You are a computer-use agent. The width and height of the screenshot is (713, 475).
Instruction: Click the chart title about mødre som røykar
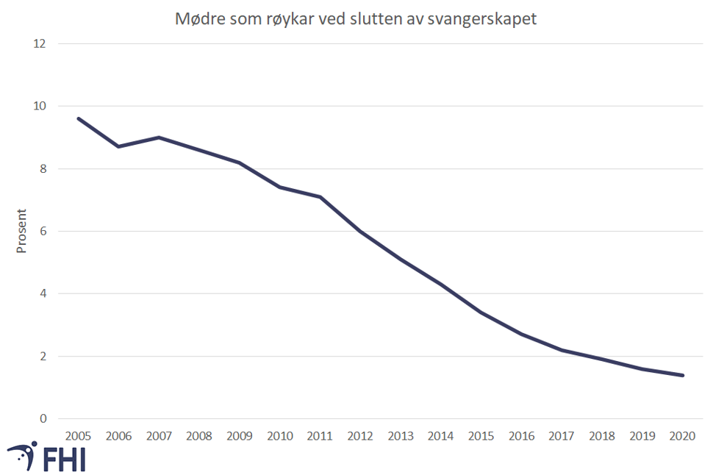(356, 19)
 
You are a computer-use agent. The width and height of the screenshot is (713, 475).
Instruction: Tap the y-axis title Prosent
(21, 232)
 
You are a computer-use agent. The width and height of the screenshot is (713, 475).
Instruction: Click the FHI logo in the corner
(46, 457)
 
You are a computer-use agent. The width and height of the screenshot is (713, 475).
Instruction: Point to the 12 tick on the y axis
(40, 44)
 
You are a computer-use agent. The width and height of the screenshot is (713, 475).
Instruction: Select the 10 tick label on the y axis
(40, 107)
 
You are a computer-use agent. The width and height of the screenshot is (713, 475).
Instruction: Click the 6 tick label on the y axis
(43, 232)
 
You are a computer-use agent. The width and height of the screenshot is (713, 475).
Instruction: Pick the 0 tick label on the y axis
(43, 419)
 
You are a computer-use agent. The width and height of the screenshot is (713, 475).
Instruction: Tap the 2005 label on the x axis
(78, 436)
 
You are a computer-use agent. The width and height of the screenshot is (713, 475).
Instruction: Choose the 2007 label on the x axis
(159, 436)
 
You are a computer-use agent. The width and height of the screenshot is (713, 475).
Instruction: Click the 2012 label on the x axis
(360, 436)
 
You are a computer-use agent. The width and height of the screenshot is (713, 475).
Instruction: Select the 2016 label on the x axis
(521, 436)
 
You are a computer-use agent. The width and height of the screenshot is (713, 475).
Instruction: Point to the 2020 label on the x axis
(683, 436)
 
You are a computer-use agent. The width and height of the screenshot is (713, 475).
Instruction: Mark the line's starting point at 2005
(78, 118)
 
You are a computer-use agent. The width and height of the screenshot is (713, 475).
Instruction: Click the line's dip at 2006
(118, 147)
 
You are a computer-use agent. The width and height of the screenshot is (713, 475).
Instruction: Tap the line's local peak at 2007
(159, 137)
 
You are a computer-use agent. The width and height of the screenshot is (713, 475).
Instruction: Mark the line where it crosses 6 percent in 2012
(360, 232)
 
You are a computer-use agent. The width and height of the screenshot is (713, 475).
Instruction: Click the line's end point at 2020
(683, 375)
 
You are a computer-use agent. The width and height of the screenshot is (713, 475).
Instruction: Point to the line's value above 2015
(481, 312)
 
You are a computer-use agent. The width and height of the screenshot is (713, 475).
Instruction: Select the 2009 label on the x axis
(239, 436)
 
